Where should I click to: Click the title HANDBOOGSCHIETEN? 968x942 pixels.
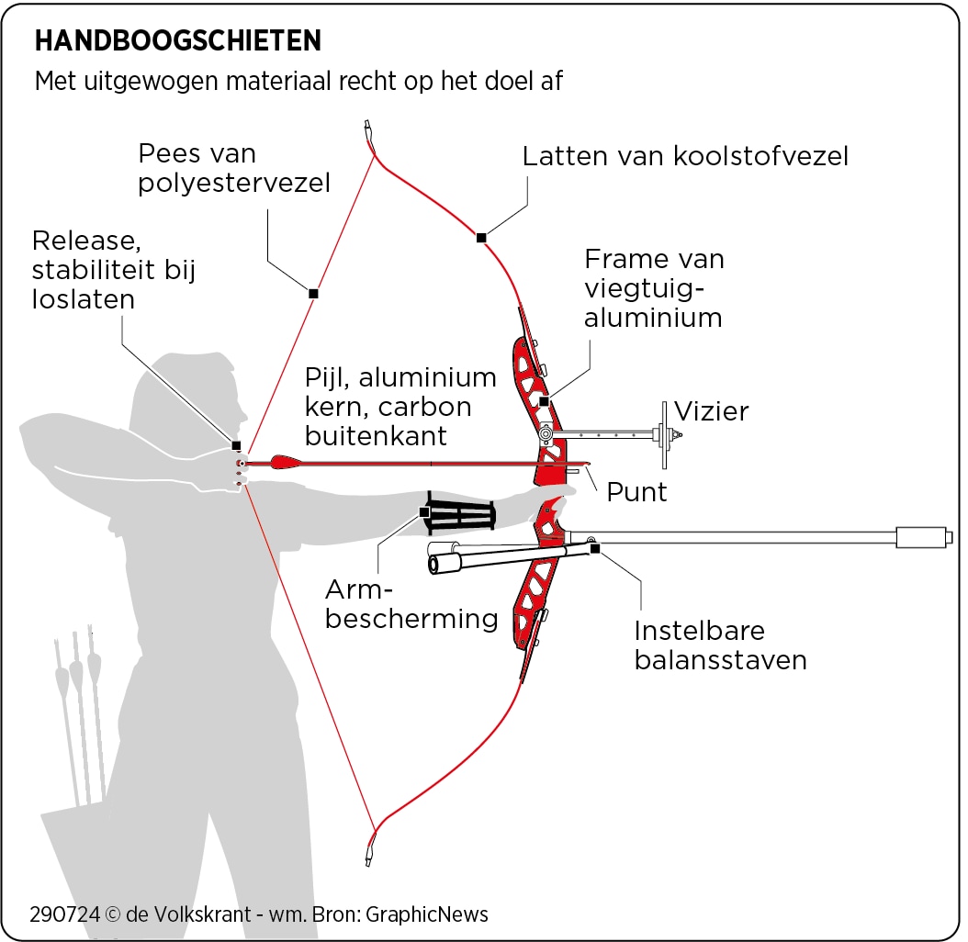177,40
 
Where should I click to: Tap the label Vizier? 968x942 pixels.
712,410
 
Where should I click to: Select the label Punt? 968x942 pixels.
636,491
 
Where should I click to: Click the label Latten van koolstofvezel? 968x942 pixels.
685,156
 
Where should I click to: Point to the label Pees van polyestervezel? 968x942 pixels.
233,168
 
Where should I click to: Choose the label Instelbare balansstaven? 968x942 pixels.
720,645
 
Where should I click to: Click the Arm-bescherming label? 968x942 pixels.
411,603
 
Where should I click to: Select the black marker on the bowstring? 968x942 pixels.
313,294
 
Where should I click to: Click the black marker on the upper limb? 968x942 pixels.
480,238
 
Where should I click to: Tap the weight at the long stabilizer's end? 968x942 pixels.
923,536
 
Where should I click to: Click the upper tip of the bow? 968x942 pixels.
368,129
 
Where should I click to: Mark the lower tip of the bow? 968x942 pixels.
369,854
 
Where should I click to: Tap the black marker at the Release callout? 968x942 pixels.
236,445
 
